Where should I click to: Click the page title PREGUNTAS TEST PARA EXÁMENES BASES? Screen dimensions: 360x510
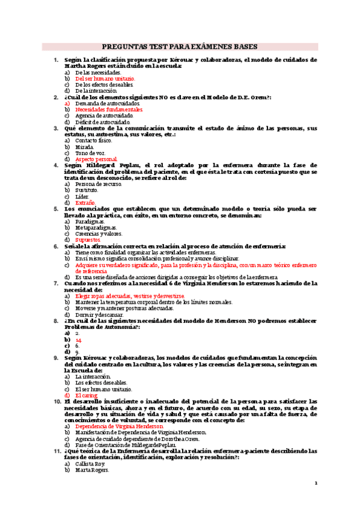coord(180,46)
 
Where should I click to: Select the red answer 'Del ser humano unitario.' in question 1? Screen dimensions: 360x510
coord(105,78)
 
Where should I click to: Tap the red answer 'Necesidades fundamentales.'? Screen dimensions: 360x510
coord(109,110)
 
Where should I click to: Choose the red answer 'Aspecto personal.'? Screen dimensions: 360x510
coord(96,159)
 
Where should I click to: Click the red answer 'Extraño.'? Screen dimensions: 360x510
coord(87,203)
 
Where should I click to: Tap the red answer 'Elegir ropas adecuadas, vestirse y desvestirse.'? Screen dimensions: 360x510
coord(130,296)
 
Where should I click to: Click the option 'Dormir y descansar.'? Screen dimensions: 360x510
coord(99,315)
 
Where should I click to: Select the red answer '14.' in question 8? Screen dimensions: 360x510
coord(79,339)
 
